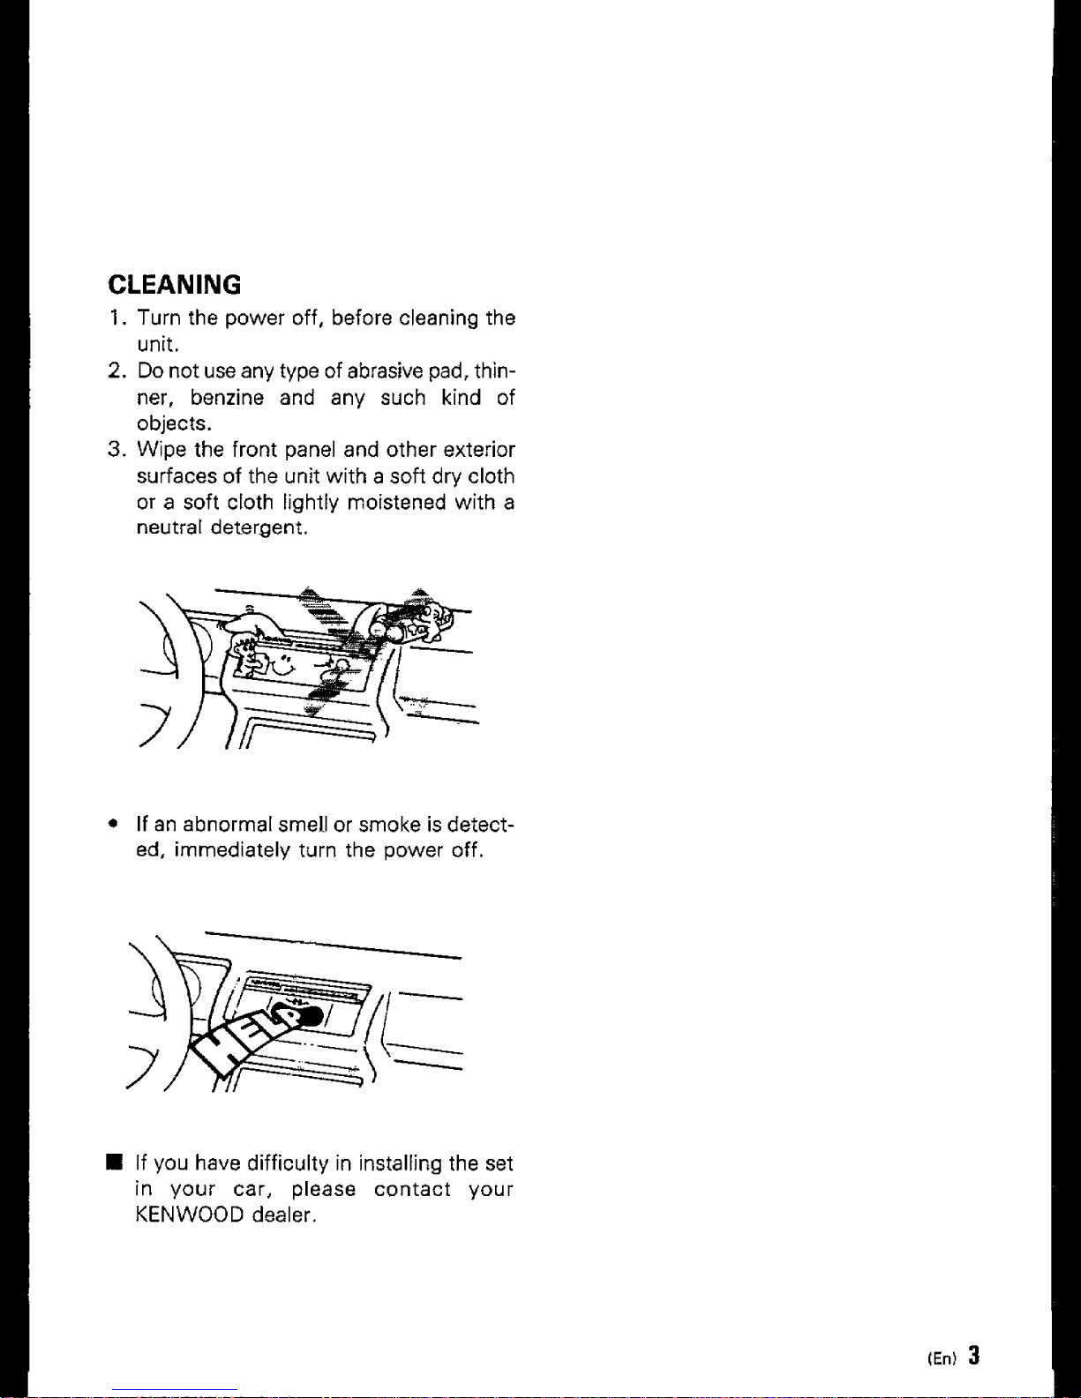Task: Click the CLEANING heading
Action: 175,284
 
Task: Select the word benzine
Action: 227,397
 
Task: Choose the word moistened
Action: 396,501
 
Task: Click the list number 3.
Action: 115,448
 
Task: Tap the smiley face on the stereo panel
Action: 281,664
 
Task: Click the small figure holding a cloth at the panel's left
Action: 248,653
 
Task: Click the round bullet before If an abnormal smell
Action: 114,824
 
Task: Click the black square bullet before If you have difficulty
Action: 115,1163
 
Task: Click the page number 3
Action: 974,1356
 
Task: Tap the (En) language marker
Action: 942,1358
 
